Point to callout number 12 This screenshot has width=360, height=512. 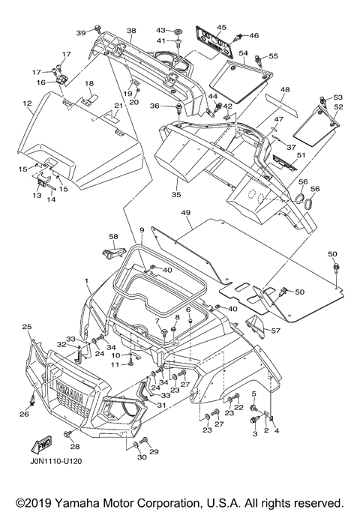pos(28,103)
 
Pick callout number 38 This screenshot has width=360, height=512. pos(131,31)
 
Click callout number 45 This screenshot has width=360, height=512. pos(221,28)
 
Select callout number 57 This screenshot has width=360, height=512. pos(276,331)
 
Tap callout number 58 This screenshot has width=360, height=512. pos(114,236)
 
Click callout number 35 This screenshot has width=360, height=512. pos(176,195)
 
